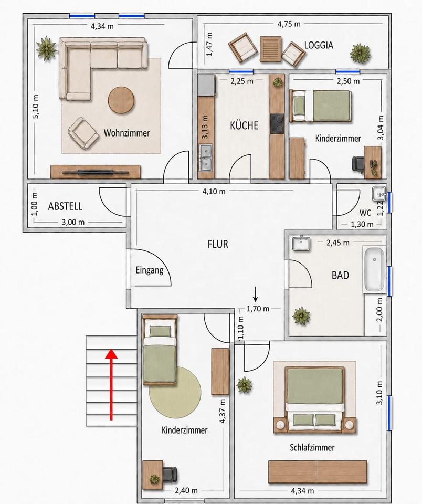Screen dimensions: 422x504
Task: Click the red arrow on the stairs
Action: click(x=111, y=385)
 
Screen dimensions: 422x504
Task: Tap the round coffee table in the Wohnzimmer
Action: click(x=121, y=100)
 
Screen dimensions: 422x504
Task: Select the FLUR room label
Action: click(x=218, y=244)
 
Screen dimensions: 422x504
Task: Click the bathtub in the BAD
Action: click(x=374, y=270)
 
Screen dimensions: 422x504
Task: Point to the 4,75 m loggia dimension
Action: click(x=289, y=24)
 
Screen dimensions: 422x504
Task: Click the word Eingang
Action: click(x=150, y=270)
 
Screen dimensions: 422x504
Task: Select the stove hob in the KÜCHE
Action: click(x=277, y=123)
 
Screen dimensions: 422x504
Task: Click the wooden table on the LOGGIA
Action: click(x=270, y=49)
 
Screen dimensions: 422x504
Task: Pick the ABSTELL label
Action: click(x=65, y=206)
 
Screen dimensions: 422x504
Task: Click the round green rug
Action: click(x=175, y=392)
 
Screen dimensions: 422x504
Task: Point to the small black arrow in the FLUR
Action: click(x=256, y=295)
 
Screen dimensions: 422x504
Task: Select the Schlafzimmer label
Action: click(x=312, y=447)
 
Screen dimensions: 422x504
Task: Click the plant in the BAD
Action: click(x=301, y=316)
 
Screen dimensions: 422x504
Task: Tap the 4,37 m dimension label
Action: click(x=222, y=411)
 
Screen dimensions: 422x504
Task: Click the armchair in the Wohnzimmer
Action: click(x=83, y=133)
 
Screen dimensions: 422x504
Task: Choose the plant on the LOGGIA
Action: click(x=360, y=53)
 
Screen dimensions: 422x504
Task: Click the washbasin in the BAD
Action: click(x=301, y=243)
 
